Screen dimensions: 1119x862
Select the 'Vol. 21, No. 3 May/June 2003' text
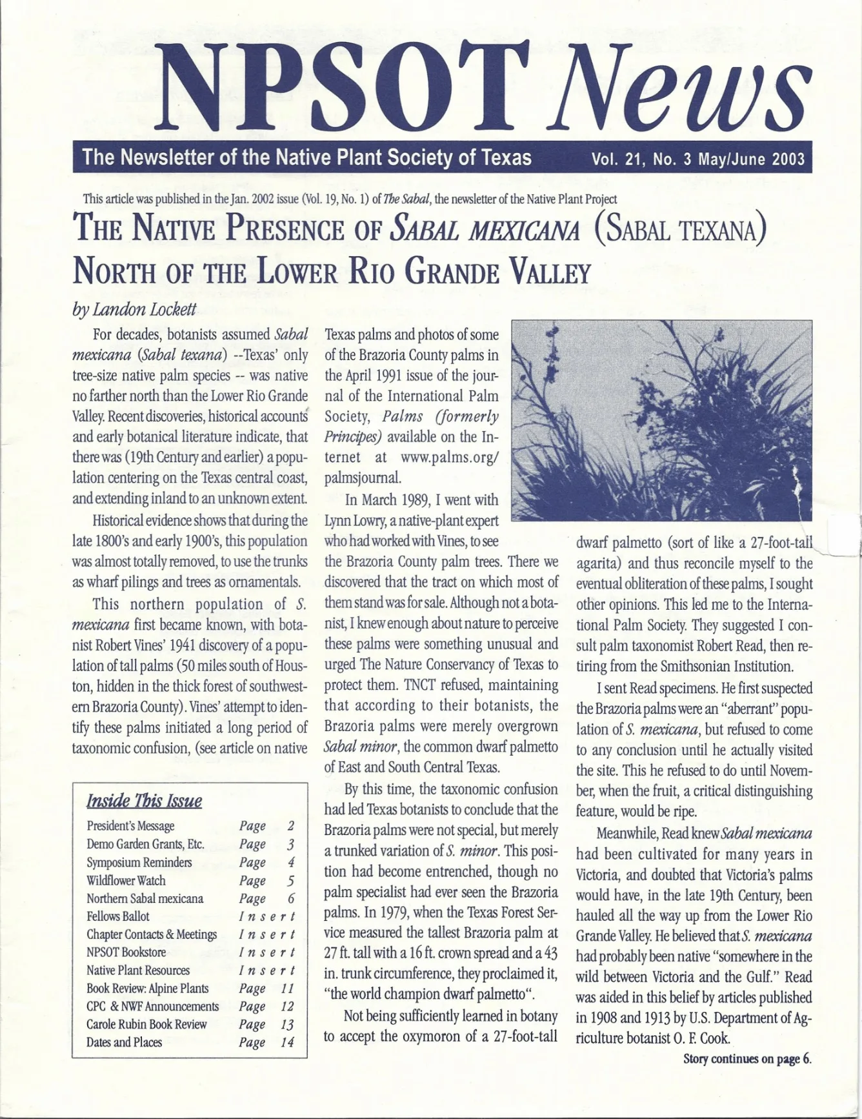coord(698,159)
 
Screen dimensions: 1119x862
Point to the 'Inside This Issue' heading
coord(144,801)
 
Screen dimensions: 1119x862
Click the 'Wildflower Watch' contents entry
coord(126,880)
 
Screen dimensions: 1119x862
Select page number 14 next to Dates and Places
coord(287,1042)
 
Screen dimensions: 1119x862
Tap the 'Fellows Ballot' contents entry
coord(118,916)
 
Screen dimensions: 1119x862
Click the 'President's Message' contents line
coord(130,826)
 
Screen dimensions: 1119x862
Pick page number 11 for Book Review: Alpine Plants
coord(287,988)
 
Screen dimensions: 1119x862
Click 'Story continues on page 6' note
coord(747,1059)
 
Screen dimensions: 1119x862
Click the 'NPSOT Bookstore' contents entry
coord(126,953)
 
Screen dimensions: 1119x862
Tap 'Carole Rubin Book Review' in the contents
coord(146,1024)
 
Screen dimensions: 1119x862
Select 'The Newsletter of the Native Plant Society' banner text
coord(306,157)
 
